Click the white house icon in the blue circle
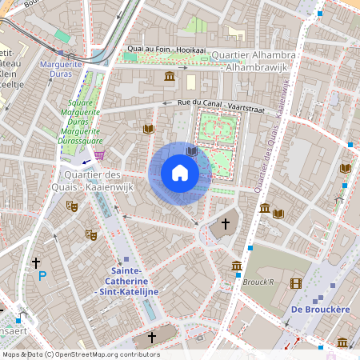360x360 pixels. point(180,173)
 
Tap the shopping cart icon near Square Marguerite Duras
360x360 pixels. point(99,155)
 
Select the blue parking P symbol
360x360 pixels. point(42,276)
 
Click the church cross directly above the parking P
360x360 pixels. point(36,262)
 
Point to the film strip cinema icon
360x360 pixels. point(297,283)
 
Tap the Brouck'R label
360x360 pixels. point(259,282)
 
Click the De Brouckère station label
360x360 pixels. point(318,309)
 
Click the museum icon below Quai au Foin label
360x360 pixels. point(170,76)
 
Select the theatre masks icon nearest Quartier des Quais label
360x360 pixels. point(72,206)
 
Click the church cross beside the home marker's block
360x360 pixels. point(226,224)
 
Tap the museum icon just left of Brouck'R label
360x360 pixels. point(237,266)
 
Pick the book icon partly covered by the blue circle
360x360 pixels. point(192,150)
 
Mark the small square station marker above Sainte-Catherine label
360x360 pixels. point(126,259)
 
